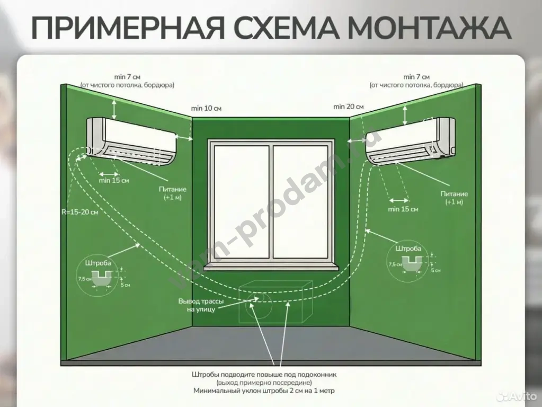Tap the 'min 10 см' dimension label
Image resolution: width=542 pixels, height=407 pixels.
tap(206, 108)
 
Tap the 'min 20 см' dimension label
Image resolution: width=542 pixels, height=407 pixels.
tap(349, 107)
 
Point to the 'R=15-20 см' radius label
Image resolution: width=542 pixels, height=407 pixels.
tap(80, 212)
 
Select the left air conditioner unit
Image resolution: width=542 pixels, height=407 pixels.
tap(131, 141)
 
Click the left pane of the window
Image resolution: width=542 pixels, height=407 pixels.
tap(241, 202)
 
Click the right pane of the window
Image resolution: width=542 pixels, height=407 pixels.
tap(300, 202)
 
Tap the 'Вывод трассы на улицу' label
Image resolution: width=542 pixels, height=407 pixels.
tap(201, 305)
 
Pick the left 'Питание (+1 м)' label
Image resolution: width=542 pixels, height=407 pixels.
tap(173, 193)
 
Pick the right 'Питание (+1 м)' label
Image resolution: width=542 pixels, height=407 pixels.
tap(454, 198)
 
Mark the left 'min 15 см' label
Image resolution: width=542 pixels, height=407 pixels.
tap(114, 180)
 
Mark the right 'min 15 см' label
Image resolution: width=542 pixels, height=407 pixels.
tap(403, 209)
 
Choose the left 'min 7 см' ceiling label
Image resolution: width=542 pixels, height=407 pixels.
tap(127, 81)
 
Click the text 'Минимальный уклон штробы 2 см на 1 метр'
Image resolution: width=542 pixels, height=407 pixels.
tap(264, 391)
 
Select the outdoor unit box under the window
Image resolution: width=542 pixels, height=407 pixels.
tap(276, 302)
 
